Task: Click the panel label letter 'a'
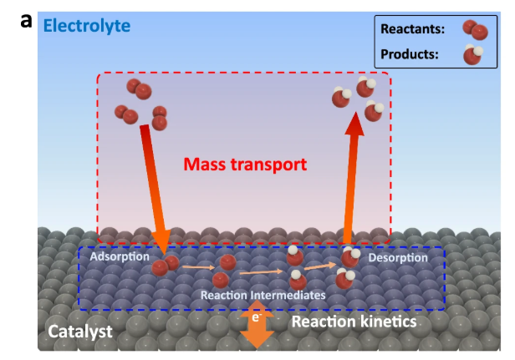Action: point(26,20)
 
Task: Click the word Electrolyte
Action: point(86,25)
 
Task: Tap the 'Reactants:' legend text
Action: point(412,28)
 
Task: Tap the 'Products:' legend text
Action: point(410,55)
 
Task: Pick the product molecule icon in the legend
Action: point(473,56)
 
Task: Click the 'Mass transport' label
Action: point(244,164)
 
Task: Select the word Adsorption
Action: point(119,257)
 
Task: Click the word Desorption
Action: point(398,257)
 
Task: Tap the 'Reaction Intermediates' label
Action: point(263,295)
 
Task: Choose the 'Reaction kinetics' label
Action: point(354,321)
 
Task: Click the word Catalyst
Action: point(79,331)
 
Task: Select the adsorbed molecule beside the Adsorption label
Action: point(165,266)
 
